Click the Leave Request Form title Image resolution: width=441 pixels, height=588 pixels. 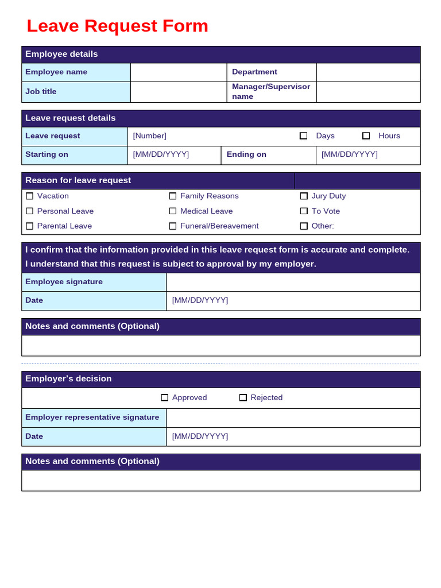pyautogui.click(x=117, y=26)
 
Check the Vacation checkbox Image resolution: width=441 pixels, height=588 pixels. pyautogui.click(x=30, y=196)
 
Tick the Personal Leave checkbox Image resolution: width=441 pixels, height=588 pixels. pyautogui.click(x=30, y=211)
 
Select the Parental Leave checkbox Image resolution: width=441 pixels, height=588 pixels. pyautogui.click(x=30, y=226)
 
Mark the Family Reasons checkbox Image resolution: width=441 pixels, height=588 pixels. pyautogui.click(x=173, y=196)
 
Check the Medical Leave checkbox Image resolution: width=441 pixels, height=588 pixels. pyautogui.click(x=173, y=211)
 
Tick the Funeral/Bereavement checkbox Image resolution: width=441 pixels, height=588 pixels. pyautogui.click(x=173, y=226)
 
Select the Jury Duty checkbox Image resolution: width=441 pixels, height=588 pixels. pyautogui.click(x=304, y=196)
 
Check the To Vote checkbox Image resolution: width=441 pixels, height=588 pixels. pyautogui.click(x=304, y=211)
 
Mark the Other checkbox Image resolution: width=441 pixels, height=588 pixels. pyautogui.click(x=304, y=226)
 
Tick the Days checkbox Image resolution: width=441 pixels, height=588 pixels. pyautogui.click(x=303, y=136)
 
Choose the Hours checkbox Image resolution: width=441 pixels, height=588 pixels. pyautogui.click(x=366, y=136)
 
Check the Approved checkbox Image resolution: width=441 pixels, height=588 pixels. pyautogui.click(x=165, y=397)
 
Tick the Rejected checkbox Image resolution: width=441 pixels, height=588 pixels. pyautogui.click(x=243, y=397)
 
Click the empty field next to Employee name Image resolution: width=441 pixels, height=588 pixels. pyautogui.click(x=179, y=72)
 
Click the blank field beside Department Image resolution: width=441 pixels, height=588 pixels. pyautogui.click(x=368, y=72)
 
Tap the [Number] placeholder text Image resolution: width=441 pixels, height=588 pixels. pyautogui.click(x=150, y=136)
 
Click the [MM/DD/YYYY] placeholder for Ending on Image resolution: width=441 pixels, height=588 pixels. pyautogui.click(x=349, y=154)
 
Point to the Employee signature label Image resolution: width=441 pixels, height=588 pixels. pyautogui.click(x=64, y=282)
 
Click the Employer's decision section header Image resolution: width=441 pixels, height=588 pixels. pyautogui.click(x=68, y=379)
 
